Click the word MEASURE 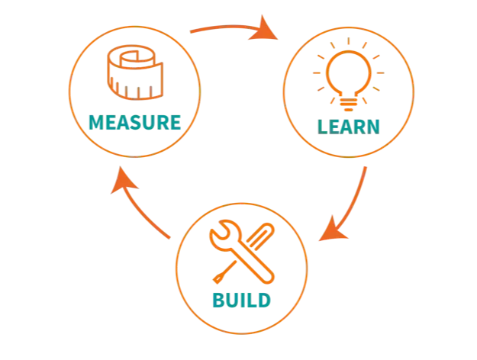135,121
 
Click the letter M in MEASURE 97,121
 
